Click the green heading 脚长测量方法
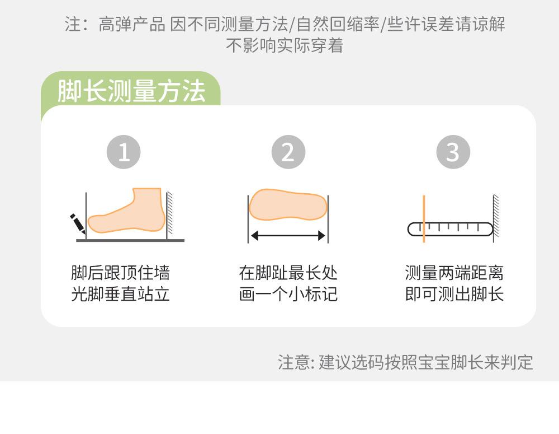click(131, 91)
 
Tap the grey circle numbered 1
click(124, 152)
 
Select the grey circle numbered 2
click(288, 152)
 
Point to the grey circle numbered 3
click(453, 152)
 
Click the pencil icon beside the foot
click(77, 223)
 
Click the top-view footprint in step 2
click(288, 204)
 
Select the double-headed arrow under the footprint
click(288, 235)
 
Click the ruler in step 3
click(450, 230)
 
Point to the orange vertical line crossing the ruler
click(424, 218)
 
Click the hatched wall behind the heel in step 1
click(170, 213)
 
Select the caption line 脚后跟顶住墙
click(121, 273)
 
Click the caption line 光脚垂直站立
click(121, 295)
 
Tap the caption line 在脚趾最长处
click(288, 273)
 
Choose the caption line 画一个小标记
click(288, 295)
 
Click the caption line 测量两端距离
click(454, 273)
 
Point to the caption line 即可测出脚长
click(454, 295)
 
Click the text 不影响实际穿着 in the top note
click(285, 45)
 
